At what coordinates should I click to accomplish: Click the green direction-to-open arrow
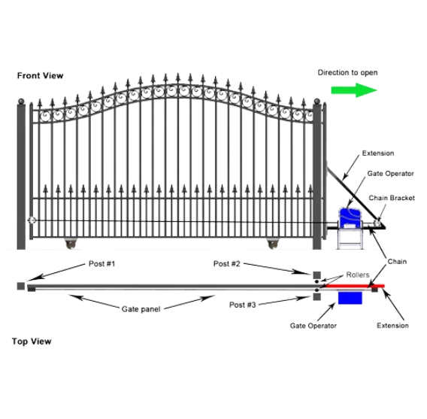[x=354, y=90]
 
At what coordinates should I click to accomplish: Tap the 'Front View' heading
[x=41, y=75]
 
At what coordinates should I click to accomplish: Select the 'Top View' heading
[x=32, y=342]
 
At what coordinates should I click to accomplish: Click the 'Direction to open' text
[x=347, y=73]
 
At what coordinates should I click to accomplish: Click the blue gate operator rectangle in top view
[x=350, y=298]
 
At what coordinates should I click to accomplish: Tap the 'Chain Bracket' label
[x=392, y=198]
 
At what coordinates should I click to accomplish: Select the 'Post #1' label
[x=101, y=264]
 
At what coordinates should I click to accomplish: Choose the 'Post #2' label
[x=226, y=264]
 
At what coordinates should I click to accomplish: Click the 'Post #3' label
[x=242, y=305]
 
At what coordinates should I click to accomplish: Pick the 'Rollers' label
[x=358, y=275]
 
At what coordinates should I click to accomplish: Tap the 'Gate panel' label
[x=141, y=309]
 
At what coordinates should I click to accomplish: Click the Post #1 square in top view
[x=21, y=287]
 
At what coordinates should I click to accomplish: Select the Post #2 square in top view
[x=316, y=275]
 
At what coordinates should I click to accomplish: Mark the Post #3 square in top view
[x=316, y=297]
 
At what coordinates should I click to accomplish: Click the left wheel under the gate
[x=71, y=244]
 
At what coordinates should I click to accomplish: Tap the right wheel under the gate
[x=273, y=244]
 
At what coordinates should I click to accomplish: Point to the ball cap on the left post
[x=21, y=102]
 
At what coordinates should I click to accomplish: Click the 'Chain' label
[x=397, y=262]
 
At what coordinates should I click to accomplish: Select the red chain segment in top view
[x=355, y=286]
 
